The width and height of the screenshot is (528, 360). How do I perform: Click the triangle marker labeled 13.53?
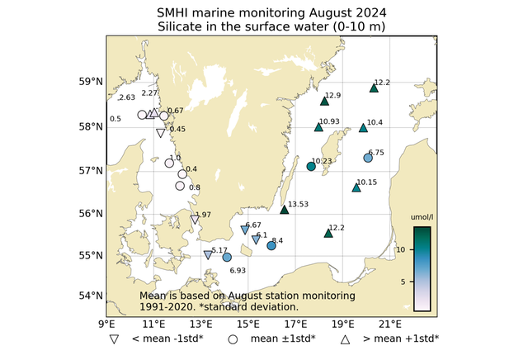[x=285, y=210]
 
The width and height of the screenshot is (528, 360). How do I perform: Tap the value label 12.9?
[x=333, y=96]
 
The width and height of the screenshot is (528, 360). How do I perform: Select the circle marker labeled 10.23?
[x=311, y=167]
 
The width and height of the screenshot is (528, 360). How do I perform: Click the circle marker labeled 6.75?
[x=368, y=158]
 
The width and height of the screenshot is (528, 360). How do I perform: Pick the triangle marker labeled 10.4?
[x=364, y=128]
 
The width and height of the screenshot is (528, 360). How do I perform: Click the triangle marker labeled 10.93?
[x=318, y=127]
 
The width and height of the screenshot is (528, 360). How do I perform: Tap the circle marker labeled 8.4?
[x=271, y=245]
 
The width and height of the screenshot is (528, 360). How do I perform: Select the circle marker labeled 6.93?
[x=227, y=258]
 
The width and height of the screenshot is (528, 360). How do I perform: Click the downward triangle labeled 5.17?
[x=208, y=255]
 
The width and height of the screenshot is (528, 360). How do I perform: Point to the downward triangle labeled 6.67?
[x=244, y=230]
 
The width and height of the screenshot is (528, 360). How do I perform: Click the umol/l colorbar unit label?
[x=422, y=218]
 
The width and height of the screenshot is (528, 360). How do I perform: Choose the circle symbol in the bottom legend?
[x=233, y=339]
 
